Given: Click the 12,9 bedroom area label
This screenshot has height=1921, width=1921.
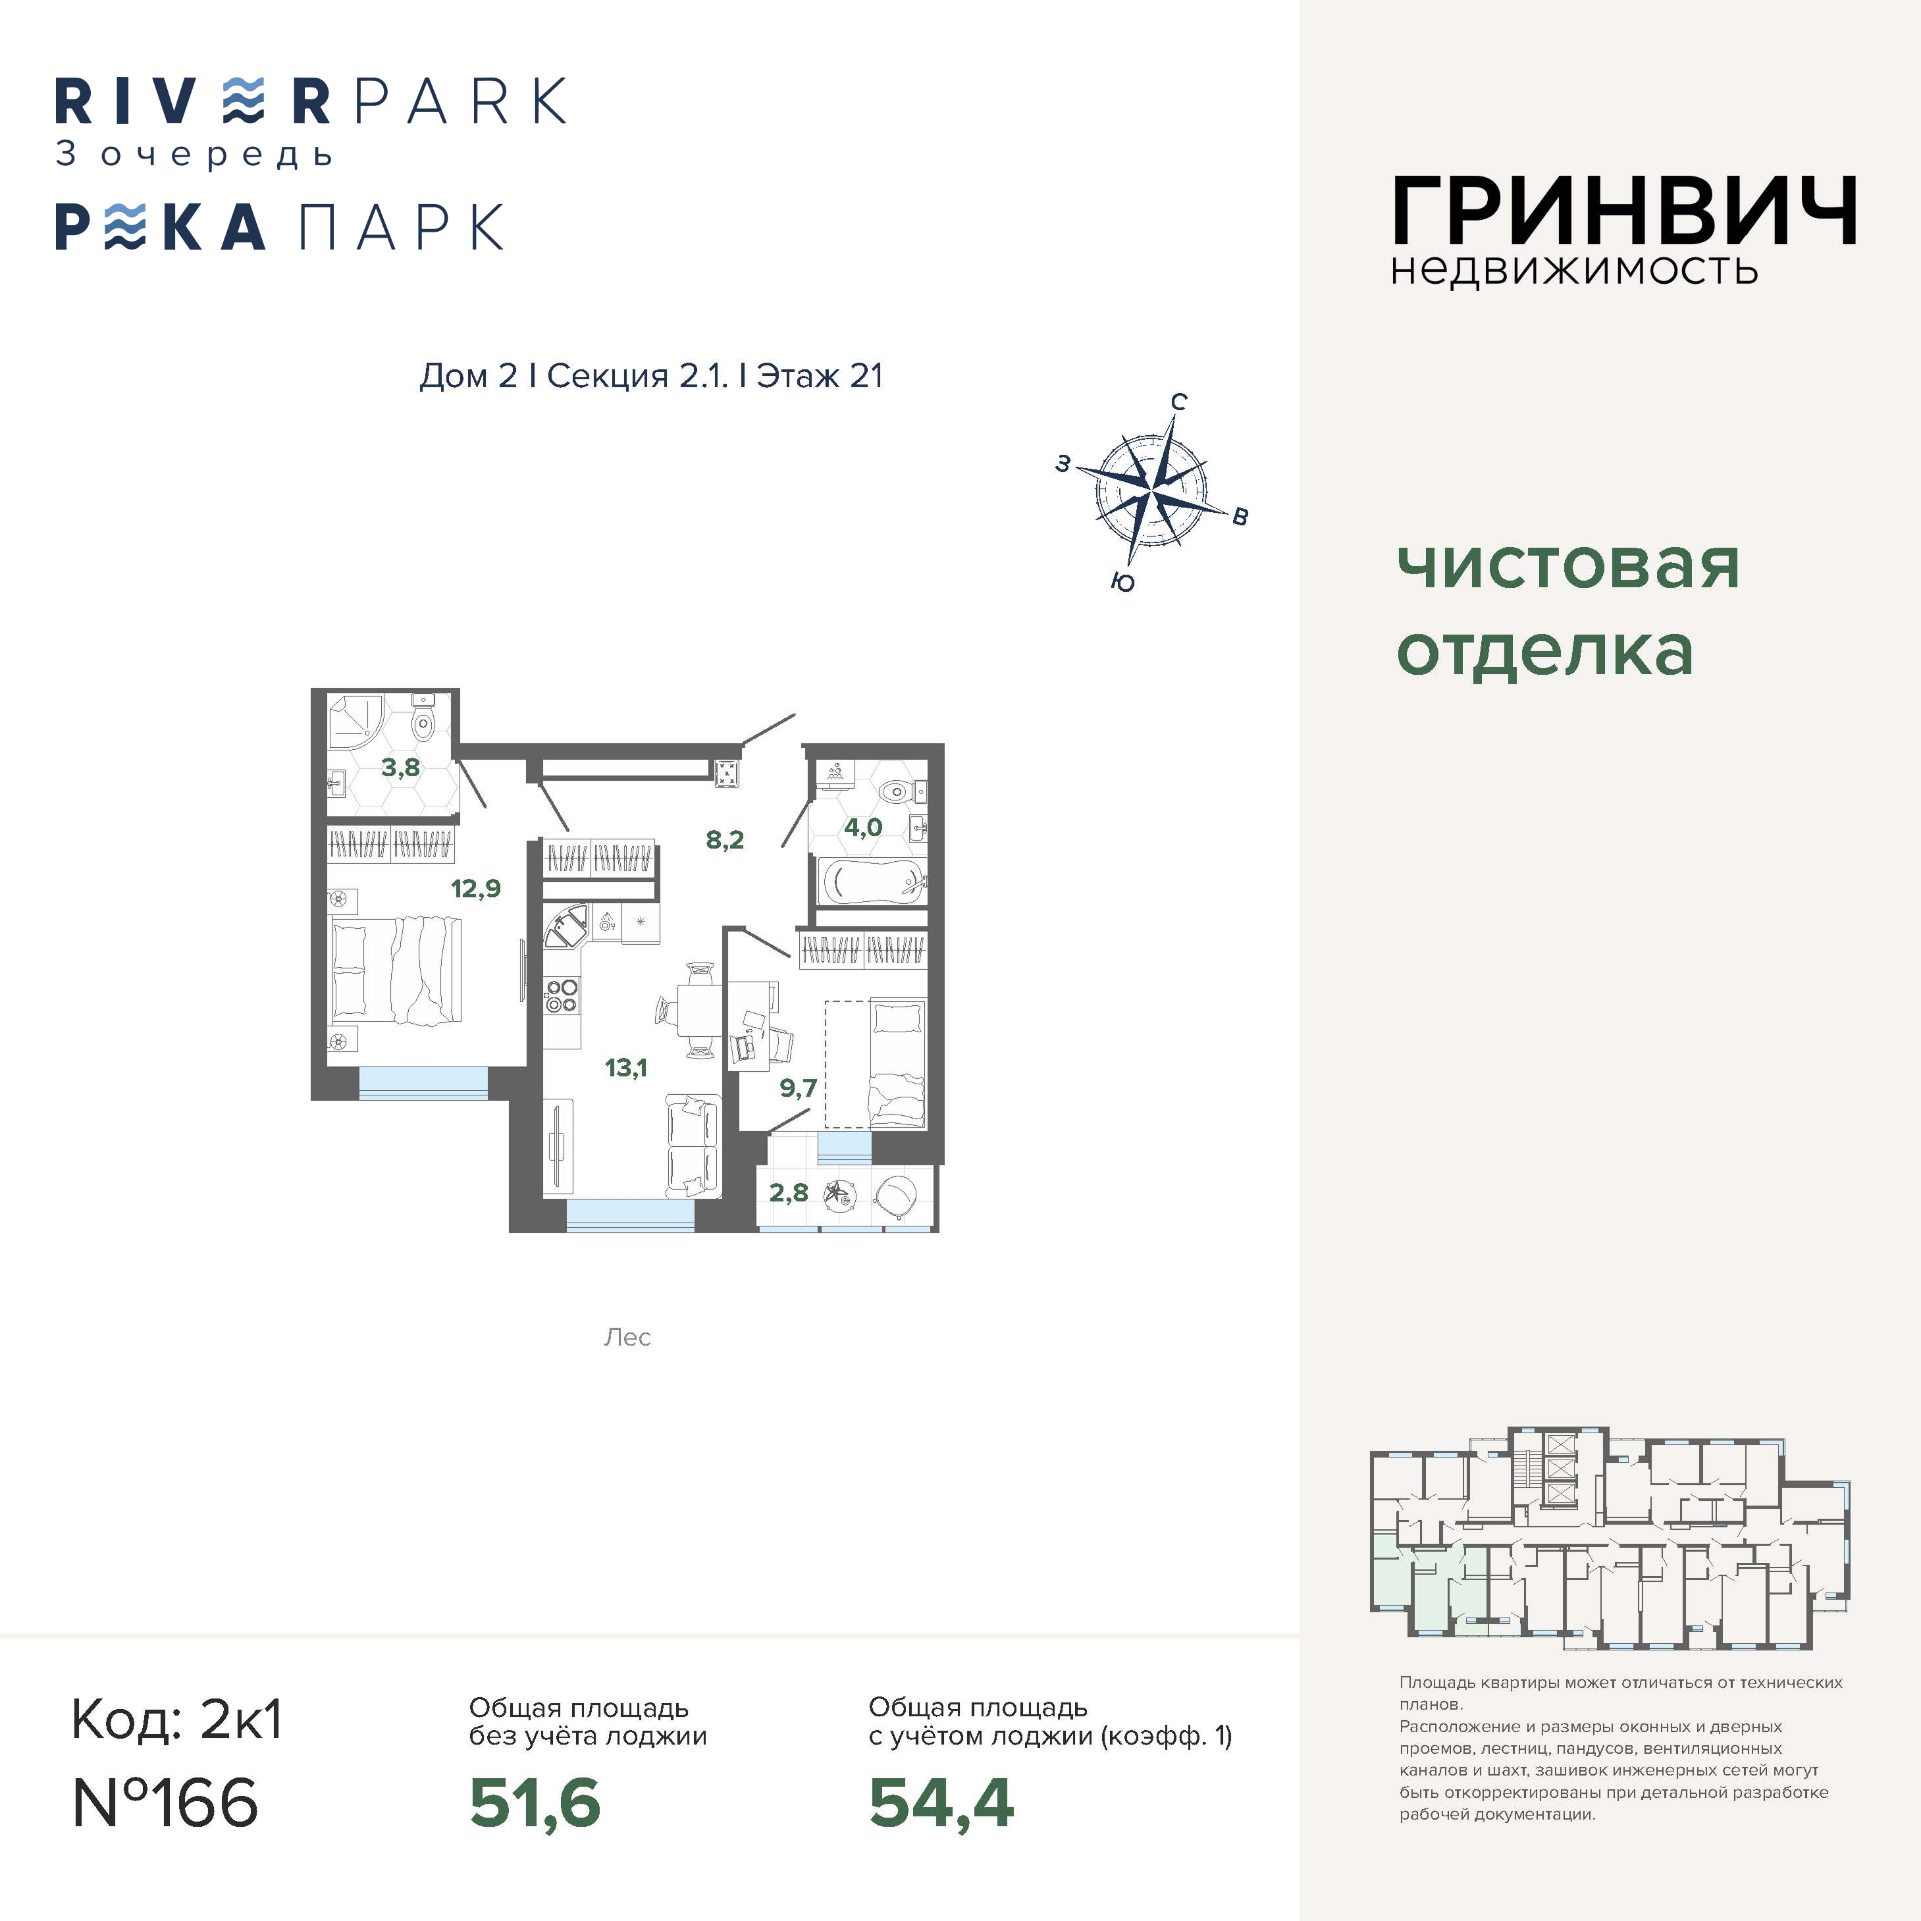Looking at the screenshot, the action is (x=476, y=888).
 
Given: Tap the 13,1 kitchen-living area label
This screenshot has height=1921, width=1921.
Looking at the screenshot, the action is (x=625, y=1068).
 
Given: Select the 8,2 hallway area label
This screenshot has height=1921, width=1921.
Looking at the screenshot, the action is (x=725, y=840).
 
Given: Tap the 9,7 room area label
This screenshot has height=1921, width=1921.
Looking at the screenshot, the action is (x=799, y=1088).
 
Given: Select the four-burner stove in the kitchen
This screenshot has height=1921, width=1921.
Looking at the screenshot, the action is (x=562, y=995).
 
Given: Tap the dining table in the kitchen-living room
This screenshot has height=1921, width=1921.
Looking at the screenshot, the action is (x=699, y=1011).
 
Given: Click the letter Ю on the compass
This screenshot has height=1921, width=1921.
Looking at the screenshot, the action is (x=1122, y=583).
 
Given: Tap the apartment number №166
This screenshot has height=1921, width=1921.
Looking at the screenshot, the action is (x=166, y=1802).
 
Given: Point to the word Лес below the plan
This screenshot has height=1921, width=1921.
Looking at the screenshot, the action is (x=627, y=1337).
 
